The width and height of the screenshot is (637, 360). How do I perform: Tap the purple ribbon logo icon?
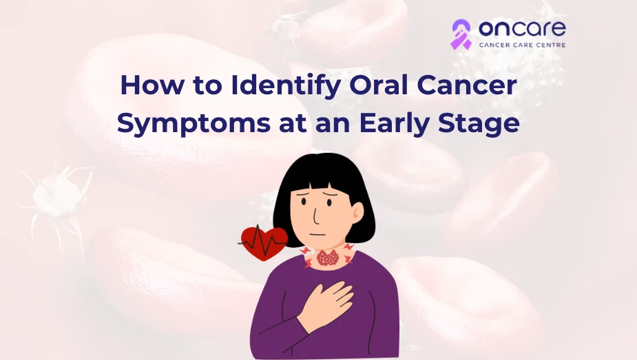[x=461, y=34]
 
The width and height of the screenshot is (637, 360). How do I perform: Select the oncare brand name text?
[x=522, y=29]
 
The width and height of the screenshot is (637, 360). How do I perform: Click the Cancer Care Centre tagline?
[x=522, y=45]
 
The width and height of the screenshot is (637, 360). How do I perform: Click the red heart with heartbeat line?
[x=263, y=242]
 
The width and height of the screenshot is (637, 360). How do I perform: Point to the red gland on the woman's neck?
[x=327, y=258]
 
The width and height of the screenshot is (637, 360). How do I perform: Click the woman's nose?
[x=315, y=216]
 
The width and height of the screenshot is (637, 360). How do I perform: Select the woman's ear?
[x=357, y=212]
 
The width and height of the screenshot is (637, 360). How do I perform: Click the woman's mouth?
[x=318, y=234]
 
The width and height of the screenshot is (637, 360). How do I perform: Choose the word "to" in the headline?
[x=207, y=86]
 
